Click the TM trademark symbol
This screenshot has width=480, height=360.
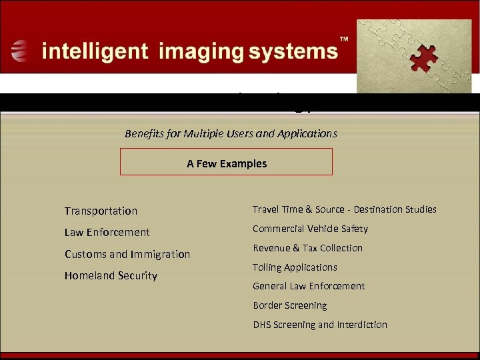[x=344, y=40]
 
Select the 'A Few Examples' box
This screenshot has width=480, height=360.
[x=226, y=162]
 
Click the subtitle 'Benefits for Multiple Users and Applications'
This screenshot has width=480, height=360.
[x=231, y=133]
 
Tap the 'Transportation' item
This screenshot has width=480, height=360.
[x=101, y=211]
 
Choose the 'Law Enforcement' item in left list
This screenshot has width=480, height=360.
[x=107, y=232]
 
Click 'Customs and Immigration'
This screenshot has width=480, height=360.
[x=127, y=254]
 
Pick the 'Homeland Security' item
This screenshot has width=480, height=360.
[x=111, y=275]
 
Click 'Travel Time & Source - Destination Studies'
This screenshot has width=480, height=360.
[x=344, y=209]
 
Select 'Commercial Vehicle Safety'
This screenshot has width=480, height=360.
[x=310, y=229]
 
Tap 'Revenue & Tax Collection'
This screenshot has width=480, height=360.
[x=307, y=248]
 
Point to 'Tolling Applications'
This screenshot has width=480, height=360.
[x=295, y=267]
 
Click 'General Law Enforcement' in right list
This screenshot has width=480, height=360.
[x=309, y=286]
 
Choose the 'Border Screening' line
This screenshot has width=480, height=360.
[x=289, y=305]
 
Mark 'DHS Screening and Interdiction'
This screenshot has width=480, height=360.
[x=319, y=325]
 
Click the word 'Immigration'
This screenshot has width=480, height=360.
[x=160, y=254]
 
